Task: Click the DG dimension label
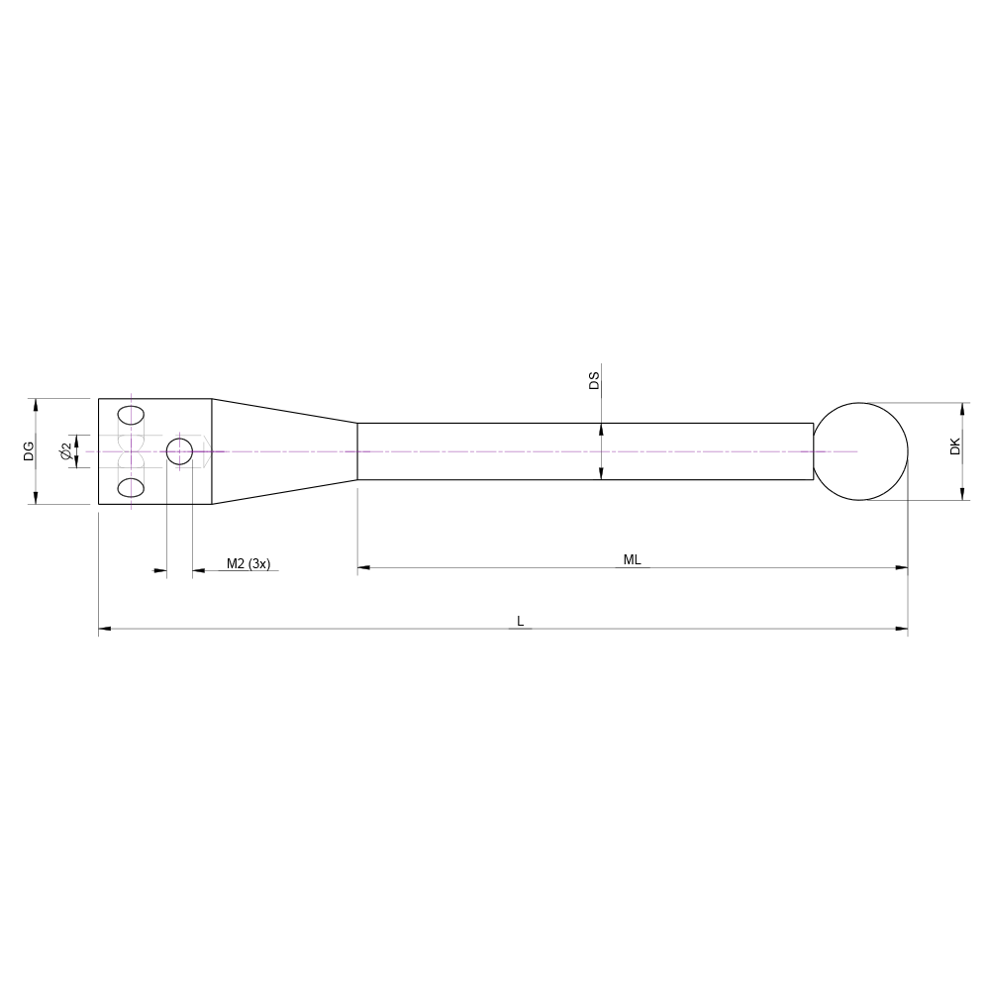tap(30, 451)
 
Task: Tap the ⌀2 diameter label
tap(65, 451)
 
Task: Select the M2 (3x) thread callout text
tap(247, 563)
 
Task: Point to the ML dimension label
tap(632, 559)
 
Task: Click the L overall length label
tap(520, 621)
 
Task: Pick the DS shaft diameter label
tap(594, 381)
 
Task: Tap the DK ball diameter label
tap(954, 446)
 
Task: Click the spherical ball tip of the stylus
tap(861, 451)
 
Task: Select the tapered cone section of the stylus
tap(284, 451)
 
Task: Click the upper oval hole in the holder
tap(130, 414)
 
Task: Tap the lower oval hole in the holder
tap(130, 487)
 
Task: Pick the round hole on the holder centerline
tap(179, 451)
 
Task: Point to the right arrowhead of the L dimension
tap(902, 629)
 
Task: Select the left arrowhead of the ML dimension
tap(363, 568)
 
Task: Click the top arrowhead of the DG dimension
tap(37, 405)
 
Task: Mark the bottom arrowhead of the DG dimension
tap(37, 498)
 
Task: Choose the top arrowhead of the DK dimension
tap(962, 409)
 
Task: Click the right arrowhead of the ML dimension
tap(902, 568)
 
